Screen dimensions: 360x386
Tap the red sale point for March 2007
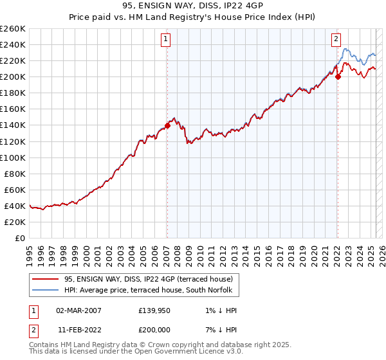click(167, 125)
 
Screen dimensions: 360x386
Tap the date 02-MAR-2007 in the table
click(79, 310)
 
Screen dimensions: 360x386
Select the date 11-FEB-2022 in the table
click(79, 330)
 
